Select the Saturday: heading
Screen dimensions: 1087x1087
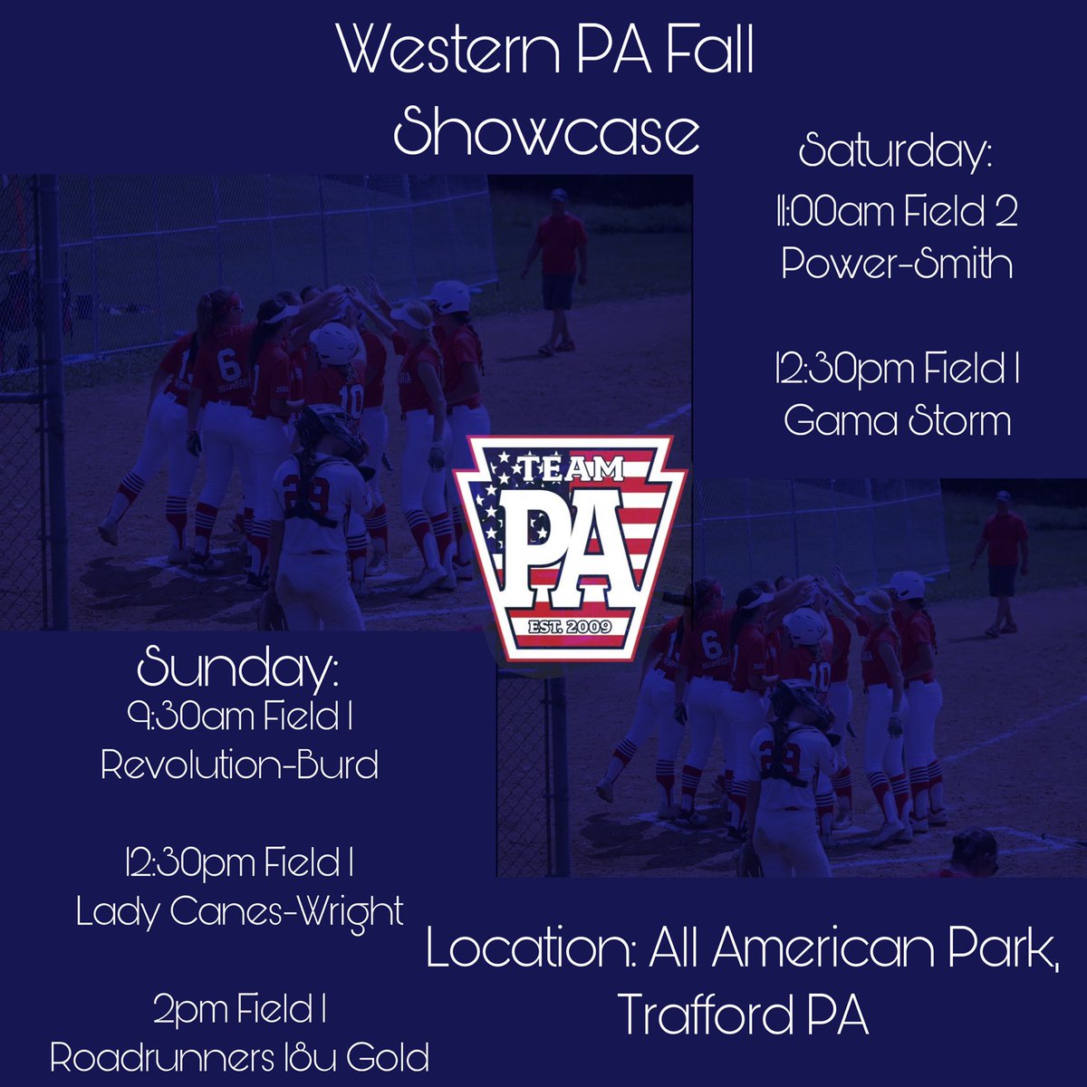click(x=896, y=150)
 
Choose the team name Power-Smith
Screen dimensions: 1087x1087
click(x=897, y=264)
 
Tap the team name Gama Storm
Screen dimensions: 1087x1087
click(x=897, y=420)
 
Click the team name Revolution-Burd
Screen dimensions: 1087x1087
click(x=239, y=765)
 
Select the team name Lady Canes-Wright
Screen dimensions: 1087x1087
click(x=239, y=911)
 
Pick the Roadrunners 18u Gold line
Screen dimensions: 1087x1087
click(x=239, y=1057)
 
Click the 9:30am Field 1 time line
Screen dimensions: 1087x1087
click(x=239, y=718)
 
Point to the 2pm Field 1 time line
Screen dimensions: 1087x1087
click(x=239, y=1009)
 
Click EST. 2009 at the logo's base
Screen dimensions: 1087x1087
click(x=571, y=626)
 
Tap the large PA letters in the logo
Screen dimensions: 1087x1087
click(x=571, y=543)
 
